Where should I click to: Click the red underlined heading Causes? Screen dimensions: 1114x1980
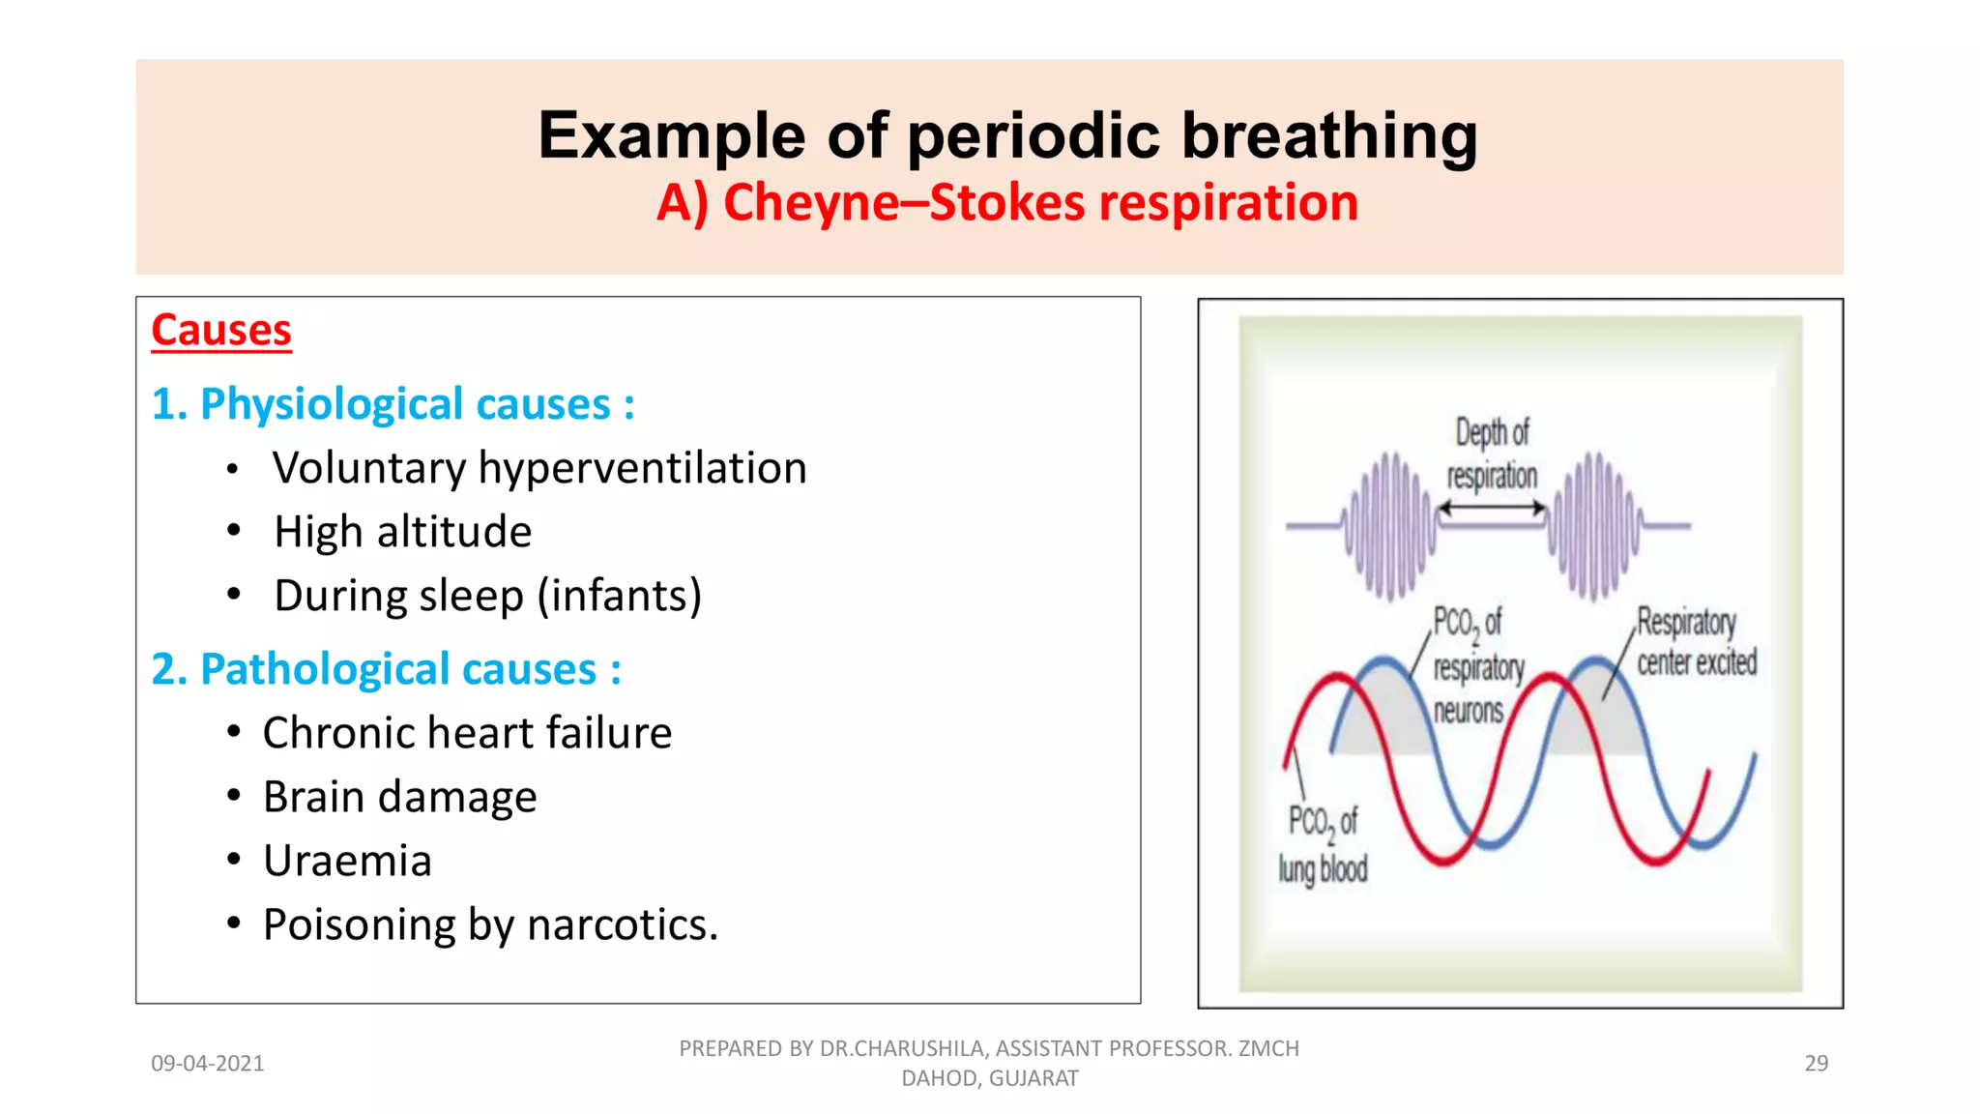221,331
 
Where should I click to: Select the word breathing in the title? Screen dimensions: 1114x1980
1329,135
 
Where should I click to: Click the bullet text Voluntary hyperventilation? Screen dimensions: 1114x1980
539,468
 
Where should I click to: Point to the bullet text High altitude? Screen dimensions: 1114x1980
402,532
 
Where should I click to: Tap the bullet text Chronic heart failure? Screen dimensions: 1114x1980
467,733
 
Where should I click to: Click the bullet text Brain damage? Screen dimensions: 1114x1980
399,797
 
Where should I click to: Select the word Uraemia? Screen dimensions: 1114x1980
347,861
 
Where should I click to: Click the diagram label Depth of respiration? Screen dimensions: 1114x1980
1492,454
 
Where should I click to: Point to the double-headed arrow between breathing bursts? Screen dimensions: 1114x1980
1492,508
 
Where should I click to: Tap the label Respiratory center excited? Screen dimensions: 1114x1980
1696,642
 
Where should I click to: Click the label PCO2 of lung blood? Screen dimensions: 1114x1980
1323,844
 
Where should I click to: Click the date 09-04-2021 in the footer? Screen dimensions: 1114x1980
207,1064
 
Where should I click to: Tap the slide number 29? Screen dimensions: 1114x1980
1816,1064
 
